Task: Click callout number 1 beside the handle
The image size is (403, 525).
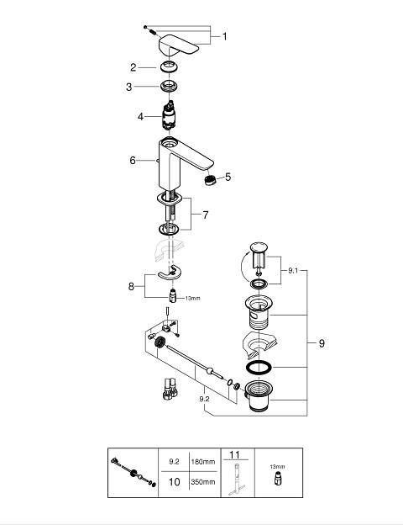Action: click(224, 36)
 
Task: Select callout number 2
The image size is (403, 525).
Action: click(133, 67)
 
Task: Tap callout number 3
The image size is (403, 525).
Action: click(129, 87)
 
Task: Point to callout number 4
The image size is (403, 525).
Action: click(141, 116)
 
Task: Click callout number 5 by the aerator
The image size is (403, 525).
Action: click(228, 177)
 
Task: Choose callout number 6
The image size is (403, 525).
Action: click(133, 161)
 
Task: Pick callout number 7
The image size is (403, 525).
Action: click(206, 215)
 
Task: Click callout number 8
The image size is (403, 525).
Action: click(131, 286)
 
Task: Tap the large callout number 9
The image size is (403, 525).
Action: click(322, 343)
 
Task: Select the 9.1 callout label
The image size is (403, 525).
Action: click(293, 271)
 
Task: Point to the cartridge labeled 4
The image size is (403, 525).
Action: click(169, 114)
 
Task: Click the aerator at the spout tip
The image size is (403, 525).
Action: click(210, 180)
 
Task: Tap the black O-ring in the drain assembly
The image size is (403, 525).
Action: click(259, 367)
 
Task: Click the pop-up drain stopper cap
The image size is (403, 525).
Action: click(259, 247)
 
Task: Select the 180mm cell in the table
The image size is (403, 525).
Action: click(203, 462)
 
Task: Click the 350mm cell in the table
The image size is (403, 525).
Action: click(203, 482)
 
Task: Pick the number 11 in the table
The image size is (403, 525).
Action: click(235, 454)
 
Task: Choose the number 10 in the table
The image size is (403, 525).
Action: click(174, 482)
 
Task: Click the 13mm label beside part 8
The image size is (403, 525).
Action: click(193, 298)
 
